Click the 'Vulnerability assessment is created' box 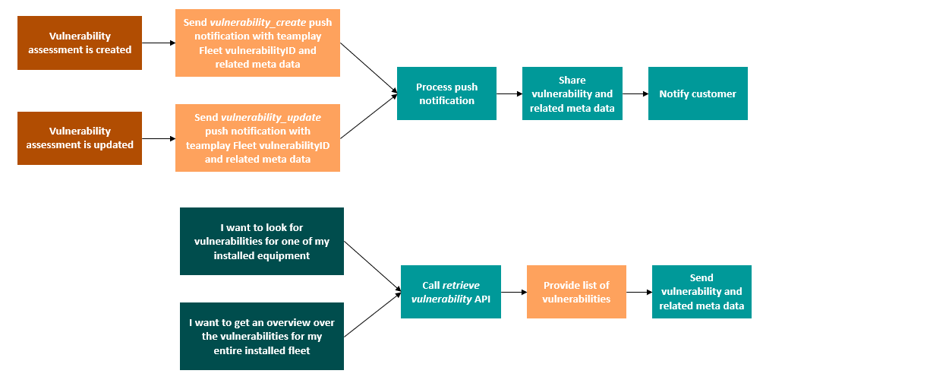tap(80, 43)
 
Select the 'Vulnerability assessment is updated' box tap(80, 138)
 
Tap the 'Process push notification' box tap(446, 93)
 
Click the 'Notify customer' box tap(698, 93)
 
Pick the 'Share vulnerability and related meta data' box tap(572, 93)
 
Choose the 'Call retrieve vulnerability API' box tap(451, 292)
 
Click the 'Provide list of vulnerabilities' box tap(576, 292)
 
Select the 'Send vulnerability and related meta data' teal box tap(702, 292)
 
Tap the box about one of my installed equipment tap(262, 242)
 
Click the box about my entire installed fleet tap(262, 337)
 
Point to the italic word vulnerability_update tap(270, 118)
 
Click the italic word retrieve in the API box tap(461, 286)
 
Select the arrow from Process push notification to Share tap(509, 93)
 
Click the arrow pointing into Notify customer tap(635, 93)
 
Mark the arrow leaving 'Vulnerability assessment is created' tap(159, 43)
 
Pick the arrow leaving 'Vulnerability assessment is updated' tap(159, 139)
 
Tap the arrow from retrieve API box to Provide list tap(514, 292)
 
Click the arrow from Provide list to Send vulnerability tap(639, 292)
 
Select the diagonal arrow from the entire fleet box tap(372, 314)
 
